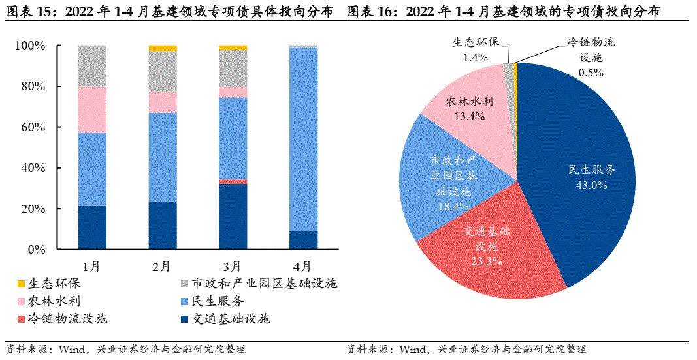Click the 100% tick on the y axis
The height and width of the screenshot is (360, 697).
tap(30, 46)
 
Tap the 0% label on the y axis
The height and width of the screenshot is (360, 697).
tap(37, 250)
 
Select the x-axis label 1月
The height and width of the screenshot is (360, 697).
tap(91, 266)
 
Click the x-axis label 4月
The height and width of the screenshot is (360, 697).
tap(302, 266)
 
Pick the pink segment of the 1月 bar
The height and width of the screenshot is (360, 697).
tap(92, 110)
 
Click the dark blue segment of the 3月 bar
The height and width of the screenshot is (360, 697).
tap(233, 216)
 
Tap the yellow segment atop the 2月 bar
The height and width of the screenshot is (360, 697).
tap(163, 48)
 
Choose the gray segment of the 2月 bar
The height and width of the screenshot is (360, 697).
tap(163, 71)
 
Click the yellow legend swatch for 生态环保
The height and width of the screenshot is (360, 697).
tap(21, 284)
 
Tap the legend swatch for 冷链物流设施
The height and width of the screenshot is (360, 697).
tap(21, 319)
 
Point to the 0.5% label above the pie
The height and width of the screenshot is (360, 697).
tap(591, 72)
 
